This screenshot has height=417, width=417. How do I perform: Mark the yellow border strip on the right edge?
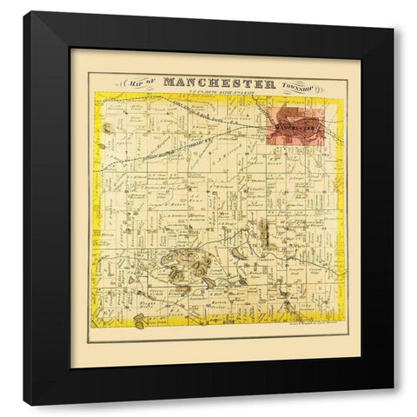pos(340,217)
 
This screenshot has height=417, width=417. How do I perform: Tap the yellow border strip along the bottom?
pos(217,329)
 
